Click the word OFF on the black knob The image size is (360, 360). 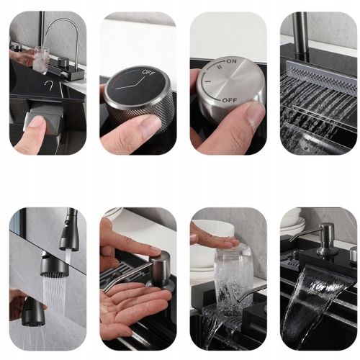148,72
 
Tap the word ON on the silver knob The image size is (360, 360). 231,61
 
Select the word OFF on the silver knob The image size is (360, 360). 230,100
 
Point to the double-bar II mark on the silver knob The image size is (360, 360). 219,67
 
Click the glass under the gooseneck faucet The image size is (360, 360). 41,59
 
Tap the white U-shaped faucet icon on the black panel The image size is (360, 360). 49,85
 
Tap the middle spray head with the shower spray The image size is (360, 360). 54,265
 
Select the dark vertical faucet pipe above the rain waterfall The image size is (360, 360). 300,36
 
